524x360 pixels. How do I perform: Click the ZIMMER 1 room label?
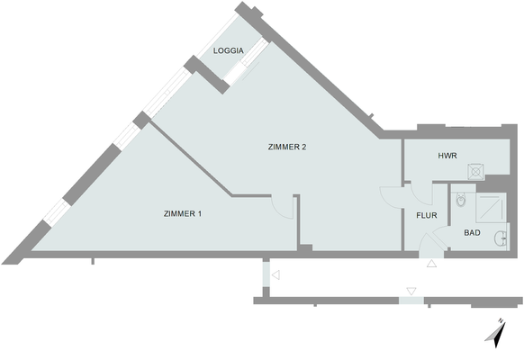point(183,214)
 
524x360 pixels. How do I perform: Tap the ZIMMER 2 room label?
point(289,147)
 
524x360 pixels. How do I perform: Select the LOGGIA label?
point(228,51)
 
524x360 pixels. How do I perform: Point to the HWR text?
point(447,156)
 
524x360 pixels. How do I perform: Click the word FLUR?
point(427,216)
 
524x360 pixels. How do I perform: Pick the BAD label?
point(472,233)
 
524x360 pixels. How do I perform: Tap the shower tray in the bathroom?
point(491,207)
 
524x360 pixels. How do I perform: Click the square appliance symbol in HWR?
point(475,169)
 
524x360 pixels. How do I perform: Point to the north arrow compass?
point(495,333)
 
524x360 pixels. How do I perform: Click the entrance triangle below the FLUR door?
point(431,264)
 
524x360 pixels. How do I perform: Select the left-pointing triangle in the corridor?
point(276,274)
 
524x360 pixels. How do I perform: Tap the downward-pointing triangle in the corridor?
point(411,291)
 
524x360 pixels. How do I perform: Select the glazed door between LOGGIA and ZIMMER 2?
point(243,65)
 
